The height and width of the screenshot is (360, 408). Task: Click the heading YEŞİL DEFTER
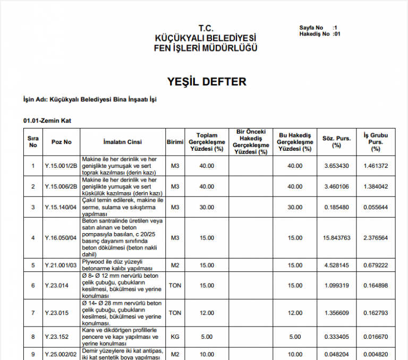tap(207, 82)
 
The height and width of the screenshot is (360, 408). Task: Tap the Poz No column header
tap(61, 142)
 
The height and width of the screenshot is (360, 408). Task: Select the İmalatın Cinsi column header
tap(122, 142)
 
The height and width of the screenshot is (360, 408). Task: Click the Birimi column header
tap(175, 142)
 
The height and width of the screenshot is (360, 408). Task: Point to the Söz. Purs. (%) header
tap(336, 142)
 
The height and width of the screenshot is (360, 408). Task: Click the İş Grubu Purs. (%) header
tap(376, 142)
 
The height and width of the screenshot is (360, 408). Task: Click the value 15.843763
tap(336, 237)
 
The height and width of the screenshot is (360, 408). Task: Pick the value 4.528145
tap(336, 265)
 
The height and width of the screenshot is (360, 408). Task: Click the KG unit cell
tap(175, 336)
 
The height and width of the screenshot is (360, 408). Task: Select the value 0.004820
tap(376, 354)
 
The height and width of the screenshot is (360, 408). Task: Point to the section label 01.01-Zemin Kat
tap(47, 121)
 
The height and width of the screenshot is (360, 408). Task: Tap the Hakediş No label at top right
tap(315, 34)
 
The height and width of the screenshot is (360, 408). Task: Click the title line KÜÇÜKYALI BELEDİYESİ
tap(206, 38)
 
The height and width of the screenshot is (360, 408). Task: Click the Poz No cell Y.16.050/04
tap(61, 237)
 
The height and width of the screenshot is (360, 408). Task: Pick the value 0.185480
tap(336, 207)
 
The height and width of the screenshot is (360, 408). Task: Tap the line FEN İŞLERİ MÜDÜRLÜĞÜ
tap(206, 48)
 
